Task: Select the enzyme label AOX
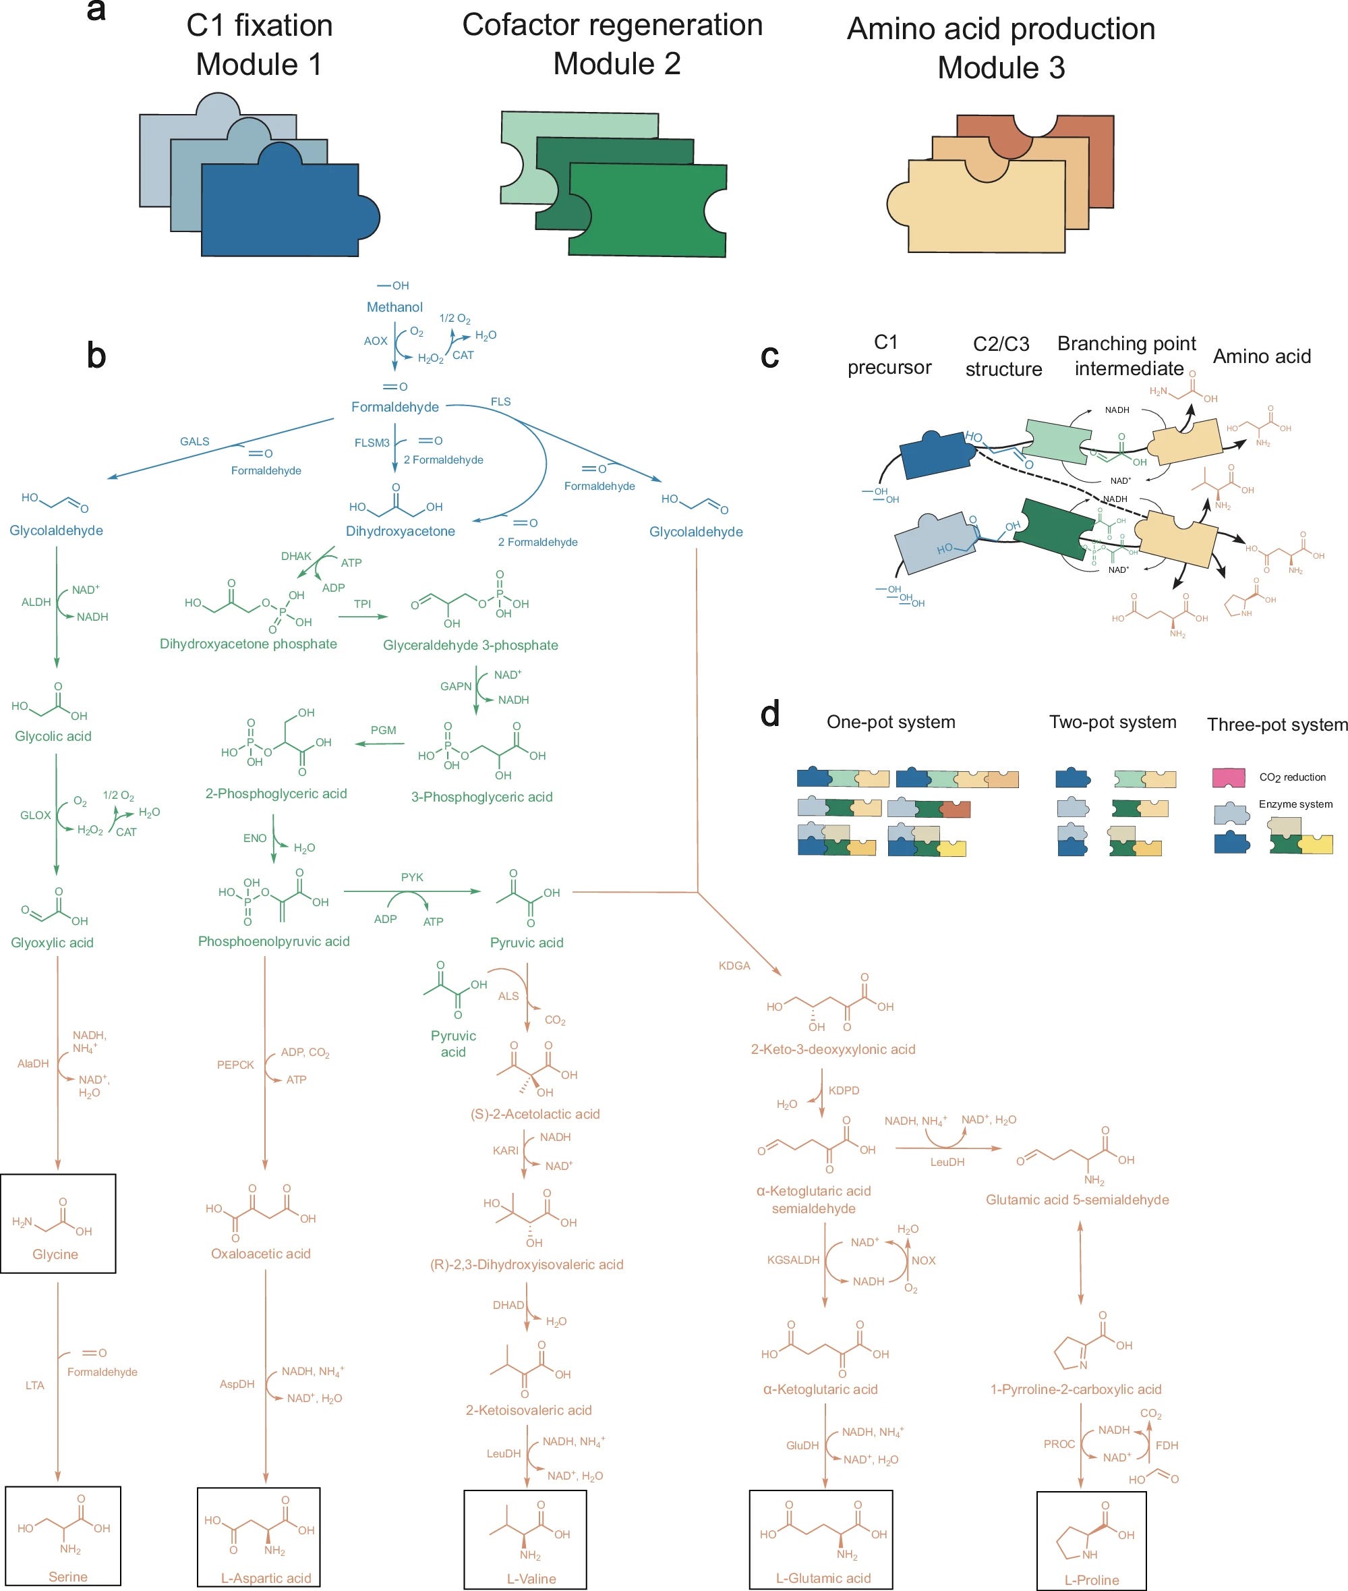[x=375, y=341]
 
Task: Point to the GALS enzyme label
[x=195, y=441]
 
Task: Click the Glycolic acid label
[x=53, y=736]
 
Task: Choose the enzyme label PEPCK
[x=235, y=1065]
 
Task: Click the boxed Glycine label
[x=55, y=1254]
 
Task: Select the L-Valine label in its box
[x=531, y=1578]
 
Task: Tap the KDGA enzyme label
[x=734, y=966]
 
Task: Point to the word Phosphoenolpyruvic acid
[x=274, y=941]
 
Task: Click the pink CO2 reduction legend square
[x=1229, y=777]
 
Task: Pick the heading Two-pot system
[x=1113, y=722]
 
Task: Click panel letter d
[x=770, y=713]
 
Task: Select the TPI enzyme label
[x=362, y=604]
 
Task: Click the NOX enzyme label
[x=923, y=1260]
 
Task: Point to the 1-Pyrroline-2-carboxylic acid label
[x=1076, y=1389]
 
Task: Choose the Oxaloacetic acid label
[x=260, y=1253]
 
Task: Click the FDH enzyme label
[x=1167, y=1446]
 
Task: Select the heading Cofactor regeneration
[x=612, y=25]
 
